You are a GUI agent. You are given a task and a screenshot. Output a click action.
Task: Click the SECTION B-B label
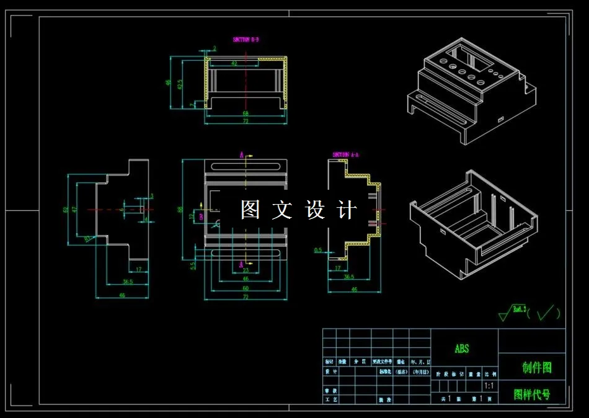pyautogui.click(x=246, y=39)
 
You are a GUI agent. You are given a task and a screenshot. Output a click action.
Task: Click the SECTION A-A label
pyautogui.click(x=346, y=154)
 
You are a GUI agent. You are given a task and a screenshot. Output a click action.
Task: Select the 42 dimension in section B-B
pyautogui.click(x=234, y=63)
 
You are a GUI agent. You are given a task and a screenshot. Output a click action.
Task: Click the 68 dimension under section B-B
pyautogui.click(x=246, y=113)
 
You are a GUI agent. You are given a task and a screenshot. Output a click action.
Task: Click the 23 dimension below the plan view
pyautogui.click(x=246, y=270)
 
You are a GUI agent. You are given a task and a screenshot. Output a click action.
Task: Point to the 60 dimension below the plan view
pyautogui.click(x=246, y=288)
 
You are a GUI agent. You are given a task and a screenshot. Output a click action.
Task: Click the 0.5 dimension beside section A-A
pyautogui.click(x=318, y=251)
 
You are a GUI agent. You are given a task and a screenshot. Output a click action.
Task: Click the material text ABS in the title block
pyautogui.click(x=462, y=349)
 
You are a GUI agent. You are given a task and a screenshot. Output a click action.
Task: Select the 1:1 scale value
pyautogui.click(x=489, y=386)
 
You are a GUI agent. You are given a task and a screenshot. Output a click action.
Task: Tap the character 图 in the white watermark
pyautogui.click(x=250, y=210)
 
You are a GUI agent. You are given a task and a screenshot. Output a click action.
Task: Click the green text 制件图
pyautogui.click(x=536, y=368)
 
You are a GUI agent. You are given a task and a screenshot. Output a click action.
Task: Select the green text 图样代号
pyautogui.click(x=532, y=394)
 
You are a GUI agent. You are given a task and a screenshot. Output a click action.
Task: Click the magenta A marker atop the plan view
pyautogui.click(x=242, y=155)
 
